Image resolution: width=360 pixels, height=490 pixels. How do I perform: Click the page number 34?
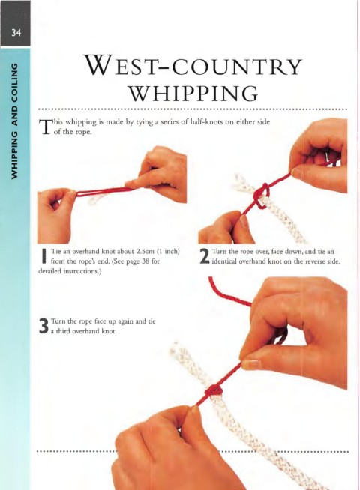coord(16,32)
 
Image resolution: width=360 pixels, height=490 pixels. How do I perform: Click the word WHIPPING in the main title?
coord(194,93)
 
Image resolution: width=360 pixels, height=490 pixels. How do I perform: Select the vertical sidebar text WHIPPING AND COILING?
coord(14,121)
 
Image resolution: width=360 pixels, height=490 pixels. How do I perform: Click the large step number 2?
coord(205,257)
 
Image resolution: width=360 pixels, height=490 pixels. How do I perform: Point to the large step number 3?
coord(43,326)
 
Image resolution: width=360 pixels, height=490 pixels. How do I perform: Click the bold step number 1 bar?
coord(44,256)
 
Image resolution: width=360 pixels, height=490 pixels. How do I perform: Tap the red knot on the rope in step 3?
coord(213,391)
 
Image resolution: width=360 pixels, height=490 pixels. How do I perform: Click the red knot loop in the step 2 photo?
coord(262,196)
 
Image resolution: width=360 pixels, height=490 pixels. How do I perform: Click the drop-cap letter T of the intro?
coord(45,127)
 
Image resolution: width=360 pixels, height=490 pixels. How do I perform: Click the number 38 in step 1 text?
coord(145,261)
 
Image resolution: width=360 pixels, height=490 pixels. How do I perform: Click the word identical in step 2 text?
coord(224,261)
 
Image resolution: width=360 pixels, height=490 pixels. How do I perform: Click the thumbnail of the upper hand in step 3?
coord(251,364)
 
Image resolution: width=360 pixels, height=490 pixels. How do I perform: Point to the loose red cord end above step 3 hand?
coord(225,291)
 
